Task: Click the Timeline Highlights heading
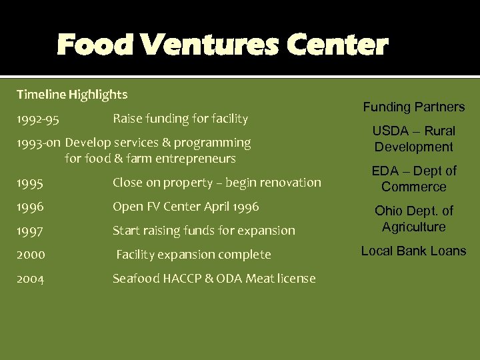point(72,95)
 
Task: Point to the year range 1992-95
point(38,119)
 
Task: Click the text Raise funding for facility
point(180,119)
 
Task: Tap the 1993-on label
point(39,143)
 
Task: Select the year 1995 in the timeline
point(30,183)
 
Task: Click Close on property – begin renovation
point(217,183)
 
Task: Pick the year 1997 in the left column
point(30,231)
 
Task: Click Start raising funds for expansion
point(204,231)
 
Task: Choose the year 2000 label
point(31,255)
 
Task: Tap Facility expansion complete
point(194,255)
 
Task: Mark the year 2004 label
point(31,279)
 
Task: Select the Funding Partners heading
point(414,107)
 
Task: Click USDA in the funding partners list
point(391,131)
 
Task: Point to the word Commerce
point(414,187)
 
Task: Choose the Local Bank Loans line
point(414,251)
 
